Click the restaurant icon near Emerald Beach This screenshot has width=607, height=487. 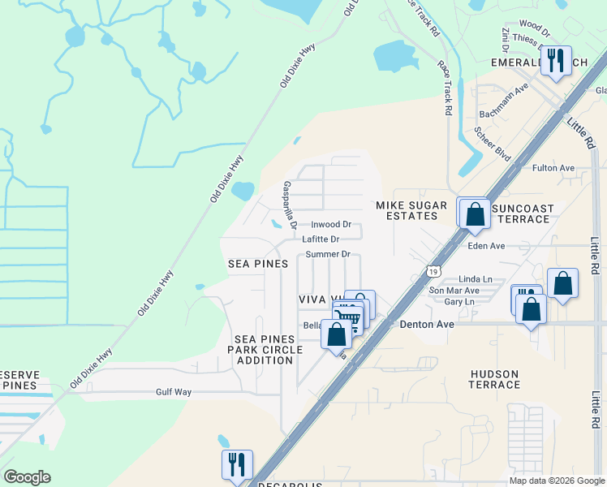pyautogui.click(x=556, y=61)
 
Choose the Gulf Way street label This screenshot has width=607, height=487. pyautogui.click(x=174, y=392)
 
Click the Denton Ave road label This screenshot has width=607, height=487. pyautogui.click(x=424, y=323)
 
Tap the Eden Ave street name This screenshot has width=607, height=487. pyautogui.click(x=486, y=245)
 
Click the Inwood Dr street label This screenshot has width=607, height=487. pyautogui.click(x=331, y=224)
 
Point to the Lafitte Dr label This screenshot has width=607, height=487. pyautogui.click(x=320, y=239)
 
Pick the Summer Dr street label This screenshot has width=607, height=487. pyautogui.click(x=328, y=254)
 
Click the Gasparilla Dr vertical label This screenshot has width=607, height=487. pyautogui.click(x=286, y=205)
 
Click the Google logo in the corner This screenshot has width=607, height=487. pyautogui.click(x=27, y=477)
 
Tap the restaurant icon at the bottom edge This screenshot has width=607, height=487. pyautogui.click(x=237, y=465)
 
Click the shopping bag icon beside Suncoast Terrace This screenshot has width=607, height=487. pyautogui.click(x=475, y=213)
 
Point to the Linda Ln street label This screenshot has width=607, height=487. pyautogui.click(x=476, y=278)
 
